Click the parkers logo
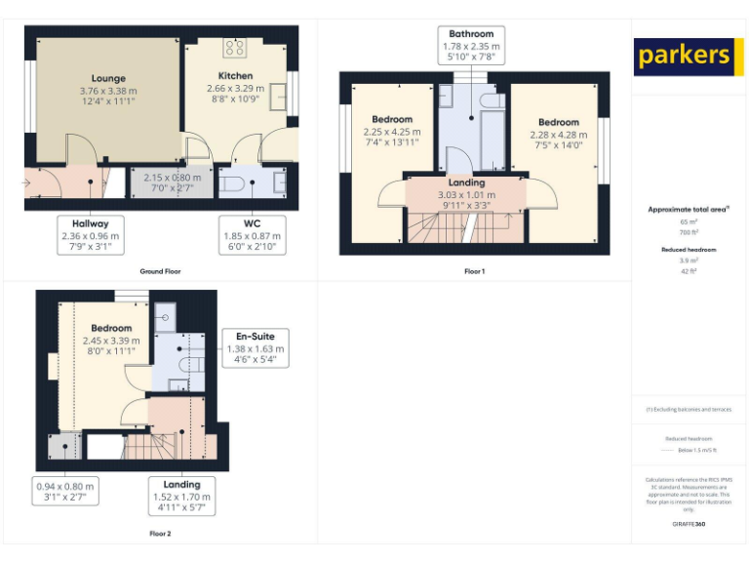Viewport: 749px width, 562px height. pyautogui.click(x=683, y=56)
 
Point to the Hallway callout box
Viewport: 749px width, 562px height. pyautogui.click(x=90, y=234)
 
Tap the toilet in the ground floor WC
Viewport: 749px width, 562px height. pyautogui.click(x=231, y=182)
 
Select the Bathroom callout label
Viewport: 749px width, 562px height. pyautogui.click(x=471, y=46)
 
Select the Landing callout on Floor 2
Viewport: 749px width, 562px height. pyautogui.click(x=181, y=496)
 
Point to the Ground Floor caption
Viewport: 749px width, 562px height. pyautogui.click(x=160, y=271)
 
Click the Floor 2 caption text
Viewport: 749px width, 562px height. pyautogui.click(x=160, y=534)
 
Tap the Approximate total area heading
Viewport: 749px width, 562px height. pyautogui.click(x=689, y=209)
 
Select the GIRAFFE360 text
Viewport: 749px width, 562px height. pyautogui.click(x=689, y=525)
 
